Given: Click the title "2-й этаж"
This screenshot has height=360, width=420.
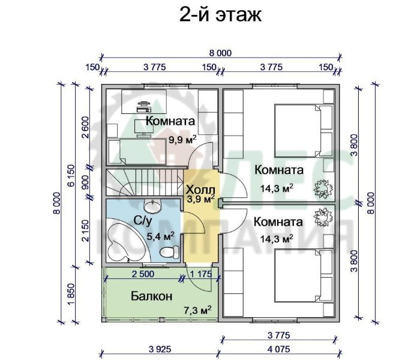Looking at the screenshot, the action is tap(220, 15).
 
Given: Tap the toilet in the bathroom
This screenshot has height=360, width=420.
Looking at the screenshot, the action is tap(169, 251).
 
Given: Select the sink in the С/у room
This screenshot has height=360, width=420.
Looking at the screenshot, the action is tap(152, 206).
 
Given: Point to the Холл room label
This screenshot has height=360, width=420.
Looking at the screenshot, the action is tap(200, 190).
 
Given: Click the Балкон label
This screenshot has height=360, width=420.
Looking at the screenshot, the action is tap(151, 296).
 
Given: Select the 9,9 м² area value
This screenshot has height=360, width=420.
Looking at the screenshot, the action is tap(182, 139).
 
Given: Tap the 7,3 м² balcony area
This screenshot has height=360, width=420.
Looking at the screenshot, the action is tap(197, 310).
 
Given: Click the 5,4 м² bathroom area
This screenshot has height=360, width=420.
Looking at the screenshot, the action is tap(161, 236).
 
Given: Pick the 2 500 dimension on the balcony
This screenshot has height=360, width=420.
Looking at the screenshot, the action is tap(143, 274).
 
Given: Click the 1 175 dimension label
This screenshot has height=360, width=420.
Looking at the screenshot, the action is tap(201, 274).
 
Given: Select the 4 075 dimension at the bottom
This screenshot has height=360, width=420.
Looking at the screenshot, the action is tap(279, 349).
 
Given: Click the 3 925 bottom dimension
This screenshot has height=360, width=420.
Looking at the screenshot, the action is tap(160, 349).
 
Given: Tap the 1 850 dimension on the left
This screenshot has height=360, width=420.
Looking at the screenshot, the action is tap(71, 294).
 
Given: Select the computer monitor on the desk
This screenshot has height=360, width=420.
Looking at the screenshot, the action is tap(144, 128).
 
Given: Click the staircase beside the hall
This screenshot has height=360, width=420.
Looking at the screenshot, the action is tap(145, 182).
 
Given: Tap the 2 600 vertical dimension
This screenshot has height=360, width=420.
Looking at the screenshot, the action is tap(85, 127).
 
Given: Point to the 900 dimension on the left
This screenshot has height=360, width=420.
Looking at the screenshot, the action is tap(85, 182).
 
